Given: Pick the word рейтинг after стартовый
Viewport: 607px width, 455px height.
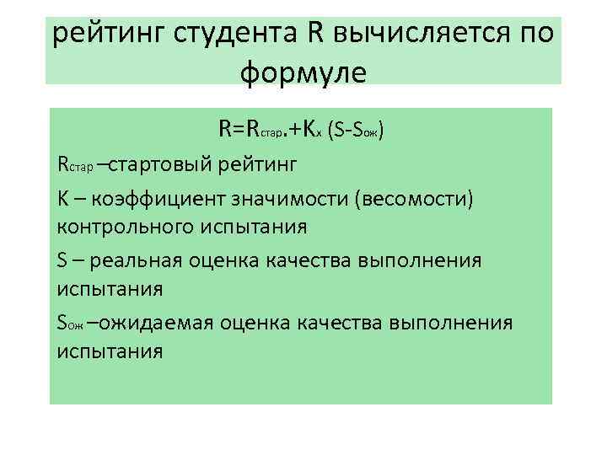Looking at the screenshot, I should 258,163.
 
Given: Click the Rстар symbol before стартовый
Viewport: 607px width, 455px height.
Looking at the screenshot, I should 75,163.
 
